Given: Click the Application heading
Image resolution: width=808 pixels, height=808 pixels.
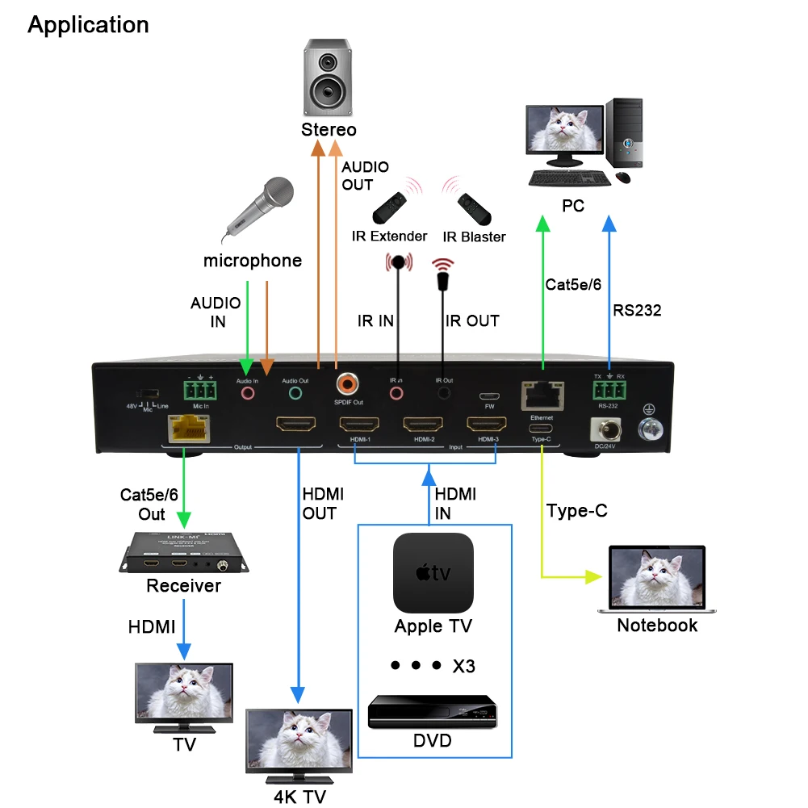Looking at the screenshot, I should (88, 25).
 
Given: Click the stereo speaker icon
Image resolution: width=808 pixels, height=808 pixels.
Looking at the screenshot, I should (328, 77).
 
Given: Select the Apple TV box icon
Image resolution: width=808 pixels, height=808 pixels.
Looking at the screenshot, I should (433, 572).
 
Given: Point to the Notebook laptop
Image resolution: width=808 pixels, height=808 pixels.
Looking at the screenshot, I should (657, 579).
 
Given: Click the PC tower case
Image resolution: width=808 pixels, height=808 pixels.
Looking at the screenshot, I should (625, 134).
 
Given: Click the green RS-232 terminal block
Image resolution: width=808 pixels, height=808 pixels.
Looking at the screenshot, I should (609, 391).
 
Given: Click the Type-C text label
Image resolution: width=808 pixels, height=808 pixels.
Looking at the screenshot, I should (576, 511).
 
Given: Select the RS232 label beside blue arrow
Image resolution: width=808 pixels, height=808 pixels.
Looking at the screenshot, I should (637, 310).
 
